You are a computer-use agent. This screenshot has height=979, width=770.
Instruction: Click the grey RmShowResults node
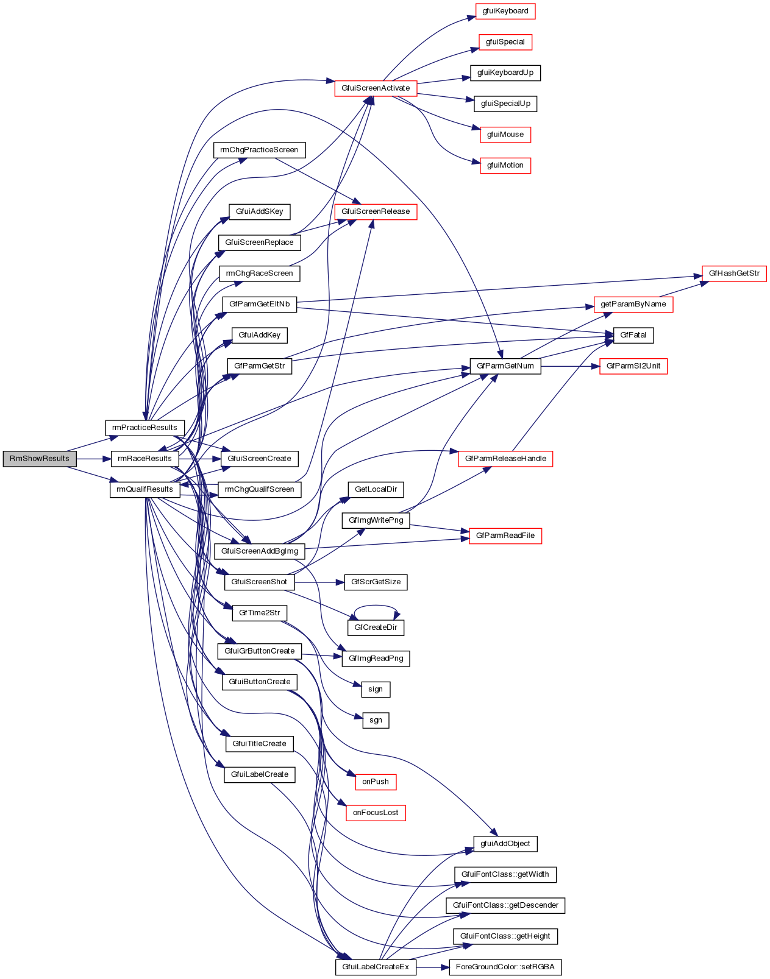pos(40,459)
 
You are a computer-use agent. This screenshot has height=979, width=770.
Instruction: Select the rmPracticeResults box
pos(144,428)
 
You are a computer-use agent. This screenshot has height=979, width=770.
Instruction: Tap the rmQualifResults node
pos(144,489)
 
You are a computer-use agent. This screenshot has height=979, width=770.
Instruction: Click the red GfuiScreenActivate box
pos(376,88)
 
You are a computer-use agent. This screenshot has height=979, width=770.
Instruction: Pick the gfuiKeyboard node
pos(505,11)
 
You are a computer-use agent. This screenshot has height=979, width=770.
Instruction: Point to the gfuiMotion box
pos(505,165)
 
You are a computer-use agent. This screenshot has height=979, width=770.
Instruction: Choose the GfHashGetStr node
pos(734,274)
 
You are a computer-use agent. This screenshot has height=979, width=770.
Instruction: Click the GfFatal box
pos(633,335)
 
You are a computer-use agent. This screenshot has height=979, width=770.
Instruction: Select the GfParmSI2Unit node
pos(633,366)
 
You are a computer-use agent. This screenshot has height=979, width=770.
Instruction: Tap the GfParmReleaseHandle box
pos(505,459)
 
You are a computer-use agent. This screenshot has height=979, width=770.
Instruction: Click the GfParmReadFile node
pos(505,535)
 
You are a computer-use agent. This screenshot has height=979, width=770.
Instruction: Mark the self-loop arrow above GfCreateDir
pos(376,606)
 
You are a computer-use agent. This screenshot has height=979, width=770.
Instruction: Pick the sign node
pos(376,689)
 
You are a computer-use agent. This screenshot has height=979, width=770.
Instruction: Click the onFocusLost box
pos(376,813)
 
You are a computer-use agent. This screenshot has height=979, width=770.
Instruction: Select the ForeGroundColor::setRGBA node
pos(505,967)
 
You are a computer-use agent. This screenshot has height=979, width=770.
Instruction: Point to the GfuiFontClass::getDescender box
pos(505,905)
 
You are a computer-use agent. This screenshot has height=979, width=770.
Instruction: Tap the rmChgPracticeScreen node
pos(259,150)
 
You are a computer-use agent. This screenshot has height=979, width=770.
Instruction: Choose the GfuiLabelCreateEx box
pos(376,967)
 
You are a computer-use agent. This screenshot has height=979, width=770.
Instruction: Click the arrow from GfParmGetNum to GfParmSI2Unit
pos(570,366)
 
